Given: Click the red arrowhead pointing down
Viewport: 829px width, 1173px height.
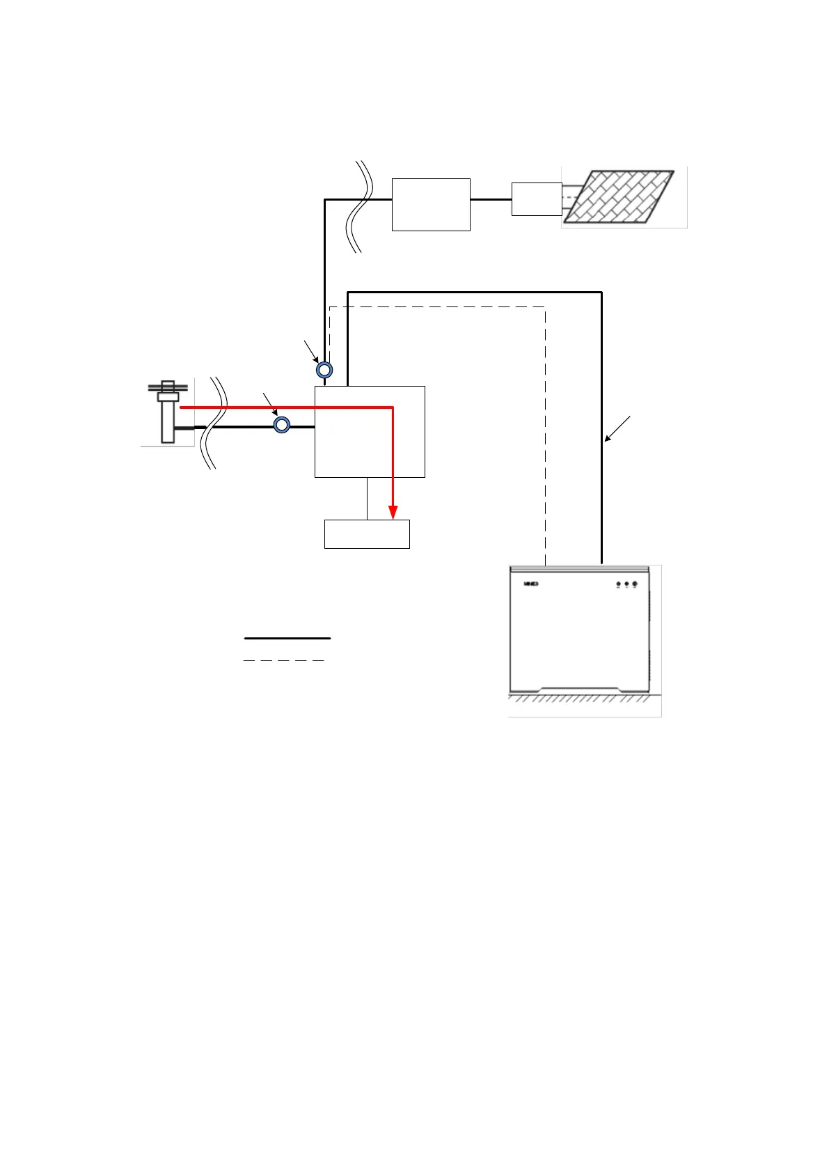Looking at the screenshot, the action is [x=393, y=512].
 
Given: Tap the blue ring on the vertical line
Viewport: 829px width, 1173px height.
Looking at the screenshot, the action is [x=324, y=369].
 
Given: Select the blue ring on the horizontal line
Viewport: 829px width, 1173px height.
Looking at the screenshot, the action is [x=281, y=424].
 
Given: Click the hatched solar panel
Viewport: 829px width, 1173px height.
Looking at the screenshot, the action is [x=619, y=196].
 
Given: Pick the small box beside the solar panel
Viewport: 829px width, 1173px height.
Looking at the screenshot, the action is [x=536, y=199].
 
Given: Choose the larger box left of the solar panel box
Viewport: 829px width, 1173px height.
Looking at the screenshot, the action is [x=431, y=204].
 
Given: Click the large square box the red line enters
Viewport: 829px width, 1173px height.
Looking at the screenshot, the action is [x=370, y=431].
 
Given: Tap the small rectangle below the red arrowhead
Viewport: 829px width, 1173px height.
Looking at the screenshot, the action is [x=367, y=534].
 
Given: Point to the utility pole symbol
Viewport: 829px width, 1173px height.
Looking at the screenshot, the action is [x=168, y=411].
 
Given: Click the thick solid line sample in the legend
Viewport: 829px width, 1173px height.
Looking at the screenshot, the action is [x=287, y=638].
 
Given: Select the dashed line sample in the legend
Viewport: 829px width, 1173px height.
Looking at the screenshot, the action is [x=284, y=660].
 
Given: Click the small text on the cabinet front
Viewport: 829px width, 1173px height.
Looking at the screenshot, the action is [x=531, y=584].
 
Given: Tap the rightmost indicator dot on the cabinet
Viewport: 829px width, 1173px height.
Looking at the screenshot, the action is [x=635, y=584].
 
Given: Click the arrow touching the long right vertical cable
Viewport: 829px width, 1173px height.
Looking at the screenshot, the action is [x=617, y=428].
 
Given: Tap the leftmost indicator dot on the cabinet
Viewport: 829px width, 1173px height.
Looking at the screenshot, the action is [x=618, y=584].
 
